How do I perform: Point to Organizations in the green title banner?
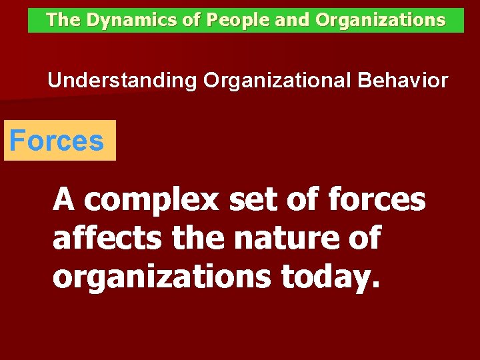[381, 20]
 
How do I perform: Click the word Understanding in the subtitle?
[123, 81]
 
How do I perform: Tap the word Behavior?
[403, 81]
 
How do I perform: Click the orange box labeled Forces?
[59, 141]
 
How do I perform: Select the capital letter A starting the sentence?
[64, 199]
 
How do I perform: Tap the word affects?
[108, 238]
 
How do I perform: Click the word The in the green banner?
[63, 20]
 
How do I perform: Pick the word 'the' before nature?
[197, 238]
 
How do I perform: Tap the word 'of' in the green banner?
[192, 20]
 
